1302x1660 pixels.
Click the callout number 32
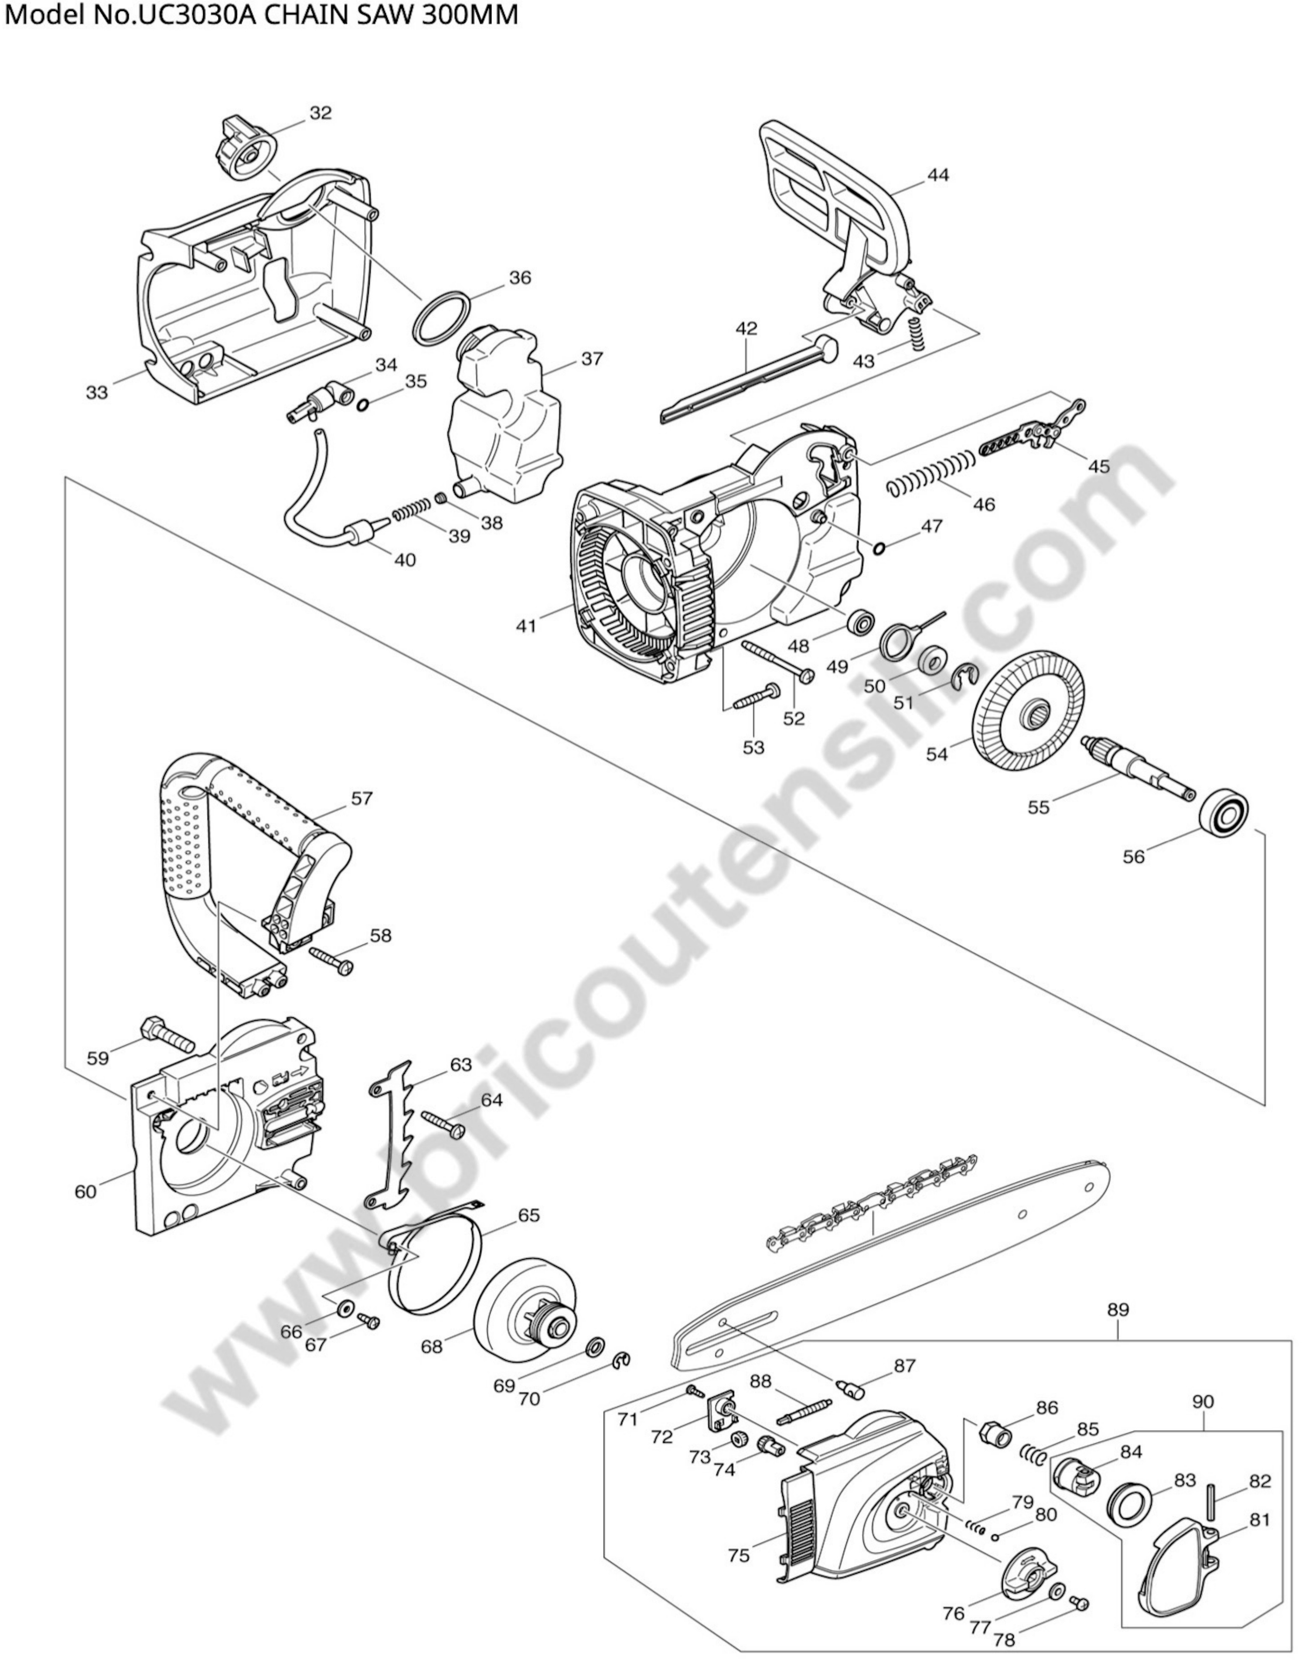click(321, 113)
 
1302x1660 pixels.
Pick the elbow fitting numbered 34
click(325, 400)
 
